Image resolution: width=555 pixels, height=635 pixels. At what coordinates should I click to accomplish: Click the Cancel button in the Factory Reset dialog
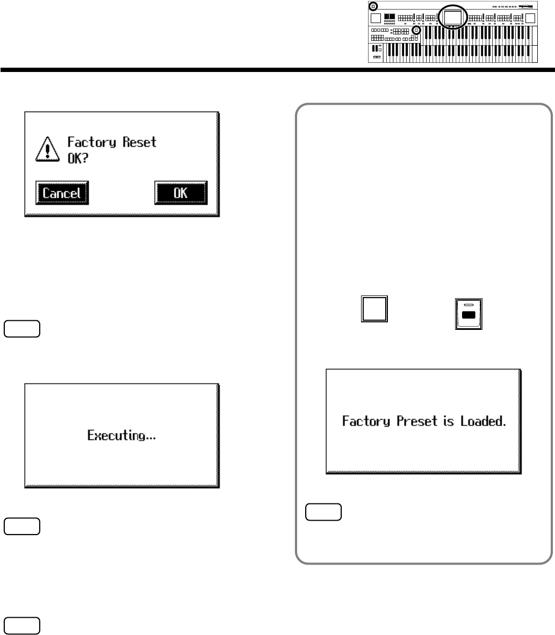click(62, 193)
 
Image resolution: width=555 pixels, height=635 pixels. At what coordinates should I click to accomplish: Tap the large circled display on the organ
click(452, 18)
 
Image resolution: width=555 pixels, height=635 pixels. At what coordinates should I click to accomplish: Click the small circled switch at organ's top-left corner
click(373, 6)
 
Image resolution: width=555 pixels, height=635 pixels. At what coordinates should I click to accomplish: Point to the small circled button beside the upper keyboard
click(416, 31)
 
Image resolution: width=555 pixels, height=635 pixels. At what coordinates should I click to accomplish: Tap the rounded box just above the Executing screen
click(21, 328)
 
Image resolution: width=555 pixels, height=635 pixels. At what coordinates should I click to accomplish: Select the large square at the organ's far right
click(530, 19)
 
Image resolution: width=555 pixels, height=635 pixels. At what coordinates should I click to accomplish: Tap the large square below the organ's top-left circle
click(376, 19)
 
